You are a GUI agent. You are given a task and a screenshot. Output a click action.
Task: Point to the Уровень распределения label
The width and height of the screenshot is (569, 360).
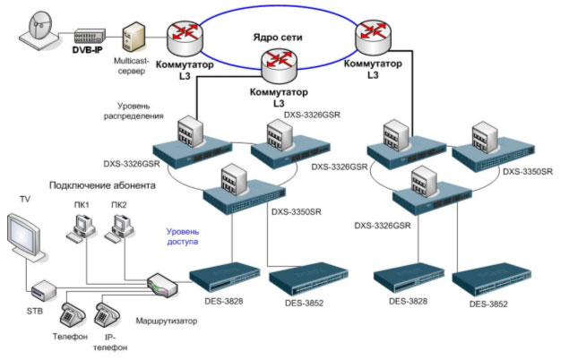140,109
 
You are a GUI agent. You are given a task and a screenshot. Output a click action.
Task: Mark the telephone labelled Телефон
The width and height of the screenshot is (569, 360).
72,315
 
